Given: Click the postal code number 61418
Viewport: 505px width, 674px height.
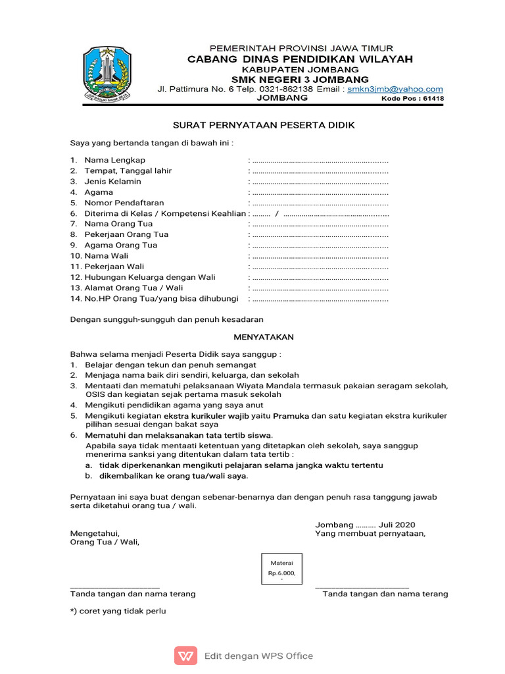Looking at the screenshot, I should [x=433, y=99].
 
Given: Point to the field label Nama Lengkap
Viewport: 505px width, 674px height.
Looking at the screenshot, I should [x=115, y=160].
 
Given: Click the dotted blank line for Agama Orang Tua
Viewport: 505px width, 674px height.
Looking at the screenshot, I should [x=320, y=246].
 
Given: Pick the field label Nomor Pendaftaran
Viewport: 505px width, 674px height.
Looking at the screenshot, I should [x=124, y=203].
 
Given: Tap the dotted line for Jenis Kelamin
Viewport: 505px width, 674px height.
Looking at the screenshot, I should [x=320, y=182].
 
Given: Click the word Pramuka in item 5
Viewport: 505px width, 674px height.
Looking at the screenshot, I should [x=291, y=416].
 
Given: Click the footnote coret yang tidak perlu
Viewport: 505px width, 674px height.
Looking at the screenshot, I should [x=118, y=611].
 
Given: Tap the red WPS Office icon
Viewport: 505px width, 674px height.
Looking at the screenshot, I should [x=185, y=656].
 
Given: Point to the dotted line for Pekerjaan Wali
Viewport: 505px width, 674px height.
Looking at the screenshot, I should [x=320, y=267].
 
